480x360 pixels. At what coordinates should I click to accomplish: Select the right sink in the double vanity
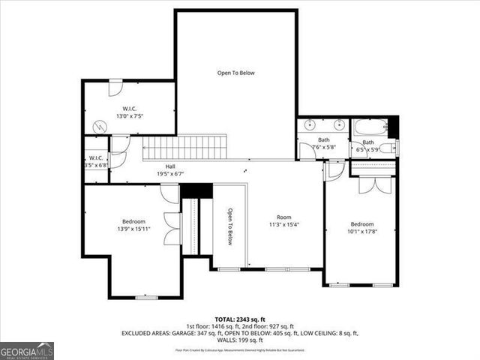coord(339,125)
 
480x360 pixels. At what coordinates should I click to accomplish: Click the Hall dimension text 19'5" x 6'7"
coord(171,173)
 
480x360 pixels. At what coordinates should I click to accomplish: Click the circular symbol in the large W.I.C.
coord(97,128)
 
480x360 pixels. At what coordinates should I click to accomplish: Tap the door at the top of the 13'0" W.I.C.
coord(115,87)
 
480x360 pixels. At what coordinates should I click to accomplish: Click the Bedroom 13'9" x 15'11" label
coord(133,225)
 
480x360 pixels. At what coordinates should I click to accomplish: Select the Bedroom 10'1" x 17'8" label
coord(361,228)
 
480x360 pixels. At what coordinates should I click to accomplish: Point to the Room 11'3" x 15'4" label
coord(284,220)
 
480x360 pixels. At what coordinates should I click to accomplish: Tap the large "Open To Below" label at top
coord(236,73)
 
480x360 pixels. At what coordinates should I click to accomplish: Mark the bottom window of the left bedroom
coord(145,298)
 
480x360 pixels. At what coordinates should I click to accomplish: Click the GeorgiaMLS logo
coord(27,351)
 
